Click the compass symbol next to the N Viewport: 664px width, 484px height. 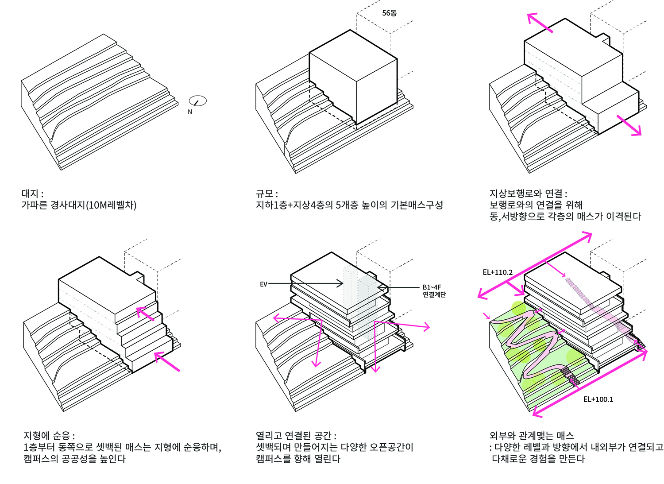197,101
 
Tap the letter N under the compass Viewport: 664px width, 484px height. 190,112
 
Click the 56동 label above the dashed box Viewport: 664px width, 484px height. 390,13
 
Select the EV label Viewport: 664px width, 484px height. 263,284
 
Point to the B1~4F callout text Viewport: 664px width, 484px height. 432,287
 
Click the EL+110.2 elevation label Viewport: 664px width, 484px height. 498,272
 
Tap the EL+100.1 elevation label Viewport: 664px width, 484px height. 598,399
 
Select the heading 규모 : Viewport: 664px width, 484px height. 267,194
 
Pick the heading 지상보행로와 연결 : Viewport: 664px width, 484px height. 528,194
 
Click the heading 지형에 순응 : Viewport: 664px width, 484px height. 49,436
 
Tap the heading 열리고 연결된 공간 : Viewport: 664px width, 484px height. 296,436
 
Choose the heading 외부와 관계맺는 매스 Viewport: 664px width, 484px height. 532,436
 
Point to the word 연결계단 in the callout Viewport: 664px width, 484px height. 434,294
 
